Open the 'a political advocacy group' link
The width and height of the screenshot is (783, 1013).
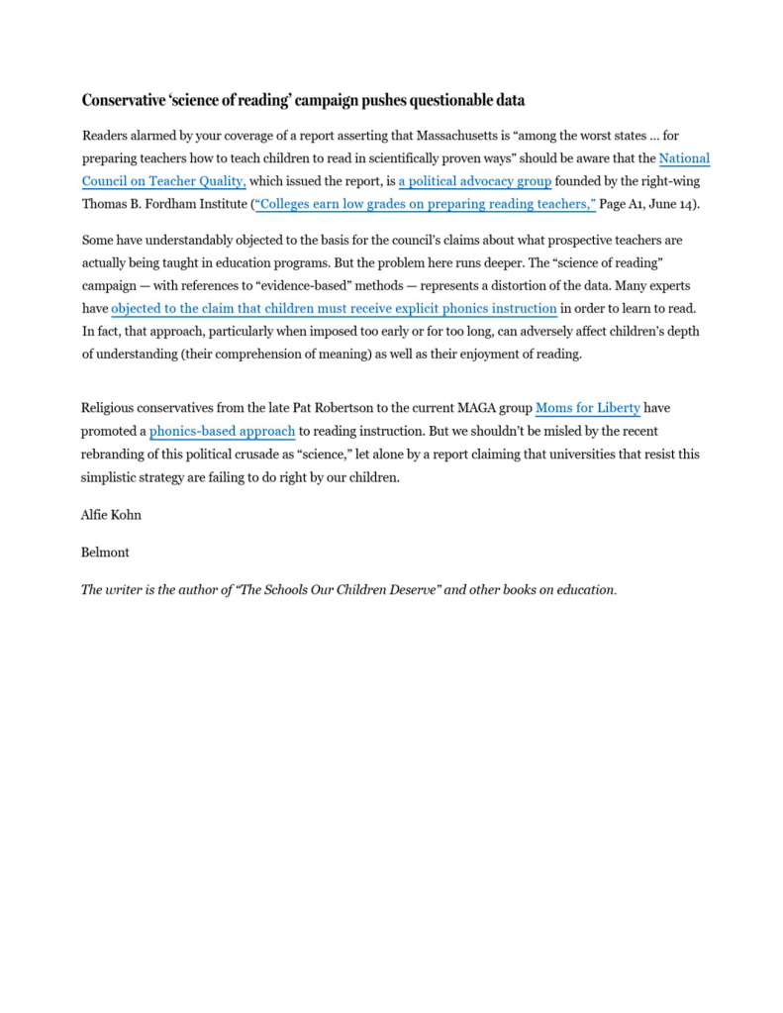(475, 181)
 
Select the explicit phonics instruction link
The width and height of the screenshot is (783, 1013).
(334, 308)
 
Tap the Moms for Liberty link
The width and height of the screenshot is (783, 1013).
(588, 407)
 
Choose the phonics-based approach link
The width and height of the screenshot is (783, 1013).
(222, 431)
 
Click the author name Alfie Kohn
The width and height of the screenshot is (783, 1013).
(111, 515)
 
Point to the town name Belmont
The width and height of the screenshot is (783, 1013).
(105, 552)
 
